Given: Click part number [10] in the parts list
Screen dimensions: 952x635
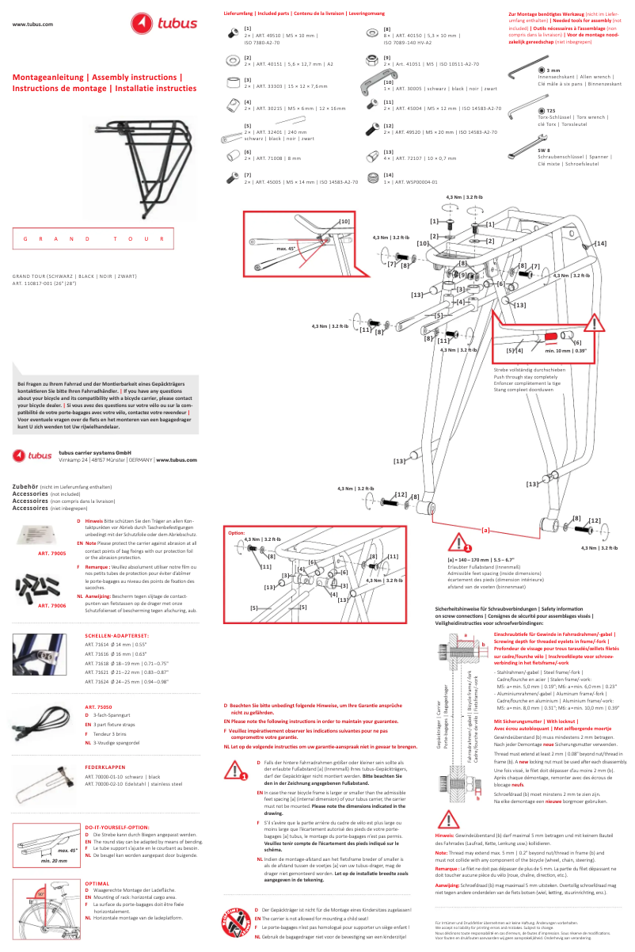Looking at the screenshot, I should point(388,82).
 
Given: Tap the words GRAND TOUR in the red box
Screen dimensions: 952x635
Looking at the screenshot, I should point(93,238).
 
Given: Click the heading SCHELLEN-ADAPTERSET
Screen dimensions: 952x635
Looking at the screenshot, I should point(117,635).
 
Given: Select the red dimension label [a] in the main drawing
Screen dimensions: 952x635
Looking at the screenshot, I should point(485,528).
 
